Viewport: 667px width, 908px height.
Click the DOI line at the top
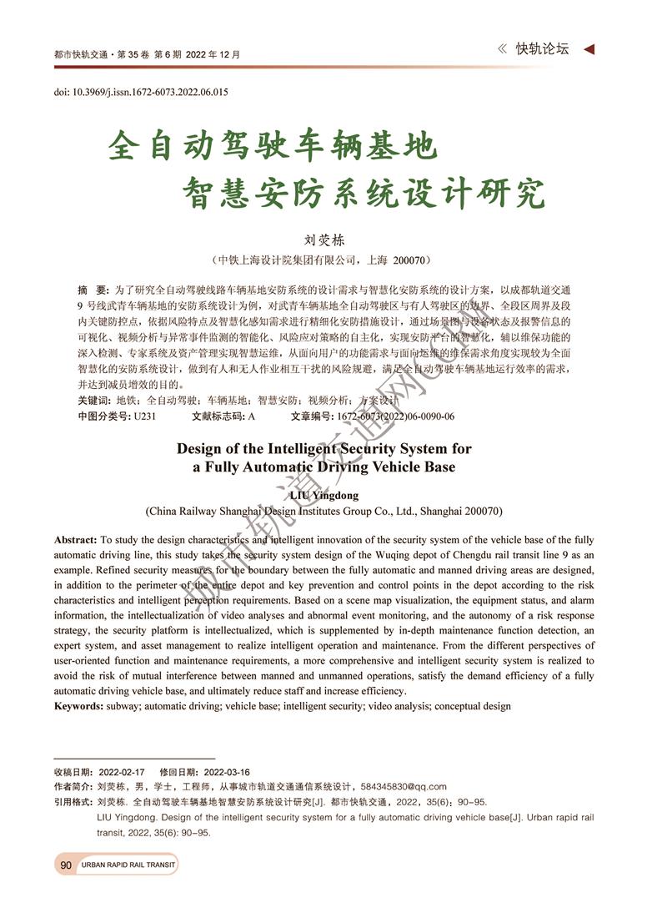141,92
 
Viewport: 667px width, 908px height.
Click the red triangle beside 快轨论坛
589,50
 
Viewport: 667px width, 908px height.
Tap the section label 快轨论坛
542,49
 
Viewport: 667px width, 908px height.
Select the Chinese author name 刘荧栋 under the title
323,240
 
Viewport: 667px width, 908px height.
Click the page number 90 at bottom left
66,865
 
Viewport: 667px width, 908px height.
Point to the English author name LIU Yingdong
323,495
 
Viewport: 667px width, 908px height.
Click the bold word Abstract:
76,541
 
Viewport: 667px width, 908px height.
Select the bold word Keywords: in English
79,706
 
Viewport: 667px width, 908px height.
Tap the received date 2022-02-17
122,772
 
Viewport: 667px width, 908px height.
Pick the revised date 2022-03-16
227,772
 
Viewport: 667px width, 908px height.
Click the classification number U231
145,416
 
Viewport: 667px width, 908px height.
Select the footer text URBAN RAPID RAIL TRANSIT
128,865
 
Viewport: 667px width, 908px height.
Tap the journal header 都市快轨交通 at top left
81,55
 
